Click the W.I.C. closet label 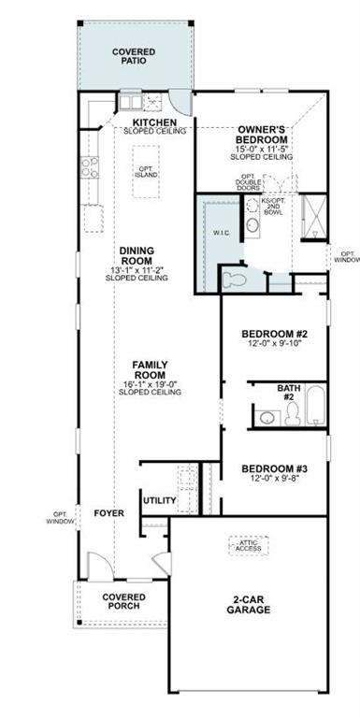222,233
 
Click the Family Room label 150,369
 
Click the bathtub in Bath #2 315,405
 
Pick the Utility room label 159,500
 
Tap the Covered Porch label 122,601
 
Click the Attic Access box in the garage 248,545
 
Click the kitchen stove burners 90,167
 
